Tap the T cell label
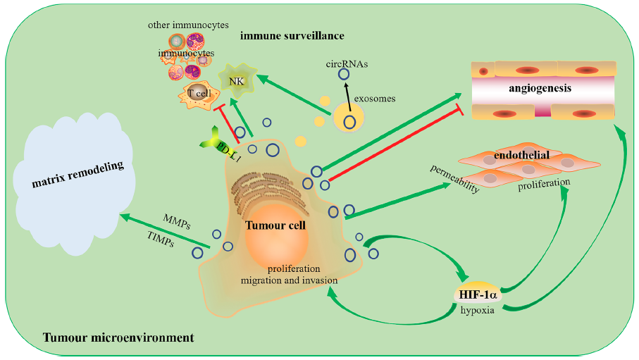pos(199,93)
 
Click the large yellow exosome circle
pos(348,116)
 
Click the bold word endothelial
pos(531,154)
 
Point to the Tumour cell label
pos(275,225)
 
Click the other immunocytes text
pos(188,25)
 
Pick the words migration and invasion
pos(289,280)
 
